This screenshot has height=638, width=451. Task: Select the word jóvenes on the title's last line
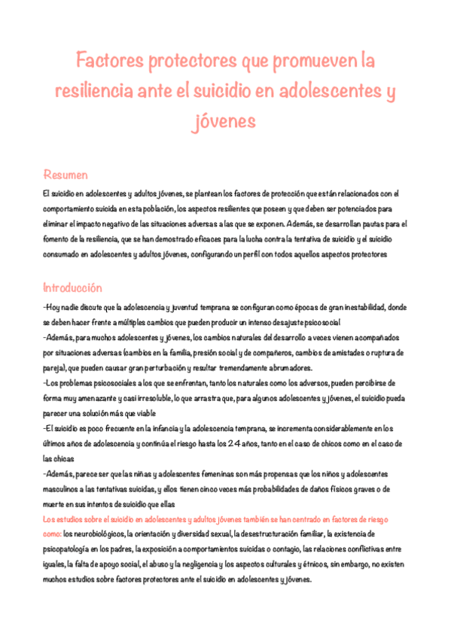[225, 120]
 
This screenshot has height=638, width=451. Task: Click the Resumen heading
[66, 175]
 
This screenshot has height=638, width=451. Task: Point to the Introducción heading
[72, 287]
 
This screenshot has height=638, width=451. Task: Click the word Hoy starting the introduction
[55, 308]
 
